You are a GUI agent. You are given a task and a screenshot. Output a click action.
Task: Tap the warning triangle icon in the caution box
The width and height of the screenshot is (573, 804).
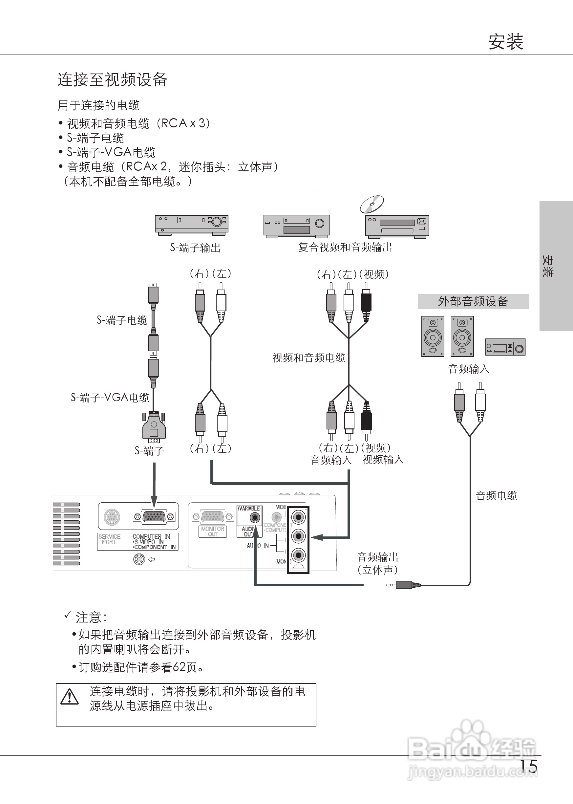[x=70, y=697]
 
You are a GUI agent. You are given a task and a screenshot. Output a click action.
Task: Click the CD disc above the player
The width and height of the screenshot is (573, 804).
[x=372, y=204]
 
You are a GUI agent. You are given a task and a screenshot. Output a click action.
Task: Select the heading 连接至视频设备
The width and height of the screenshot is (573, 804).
[x=112, y=80]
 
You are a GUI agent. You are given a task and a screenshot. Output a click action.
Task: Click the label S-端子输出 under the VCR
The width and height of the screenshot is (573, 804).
[x=195, y=248]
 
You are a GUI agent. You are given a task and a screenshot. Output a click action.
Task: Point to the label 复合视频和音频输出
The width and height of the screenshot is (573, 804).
[x=345, y=248]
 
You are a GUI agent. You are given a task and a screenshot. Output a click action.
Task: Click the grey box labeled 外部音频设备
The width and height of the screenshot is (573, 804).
[x=473, y=301]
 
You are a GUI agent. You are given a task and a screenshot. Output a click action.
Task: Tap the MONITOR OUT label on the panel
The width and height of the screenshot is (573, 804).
[x=212, y=531]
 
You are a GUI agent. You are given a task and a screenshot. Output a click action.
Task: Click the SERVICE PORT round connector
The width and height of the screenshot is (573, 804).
[x=112, y=517]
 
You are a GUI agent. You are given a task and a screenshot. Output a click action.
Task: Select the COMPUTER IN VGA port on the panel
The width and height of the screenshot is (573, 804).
[x=154, y=517]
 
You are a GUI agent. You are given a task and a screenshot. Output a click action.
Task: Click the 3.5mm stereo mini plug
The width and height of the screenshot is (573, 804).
[x=403, y=585]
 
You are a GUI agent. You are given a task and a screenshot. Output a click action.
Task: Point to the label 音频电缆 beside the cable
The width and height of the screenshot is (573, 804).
[x=496, y=495]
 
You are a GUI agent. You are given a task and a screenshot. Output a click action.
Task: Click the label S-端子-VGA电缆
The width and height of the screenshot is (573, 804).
[x=110, y=398]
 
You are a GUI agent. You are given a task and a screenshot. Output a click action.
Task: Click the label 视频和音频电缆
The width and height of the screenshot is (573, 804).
[x=309, y=358]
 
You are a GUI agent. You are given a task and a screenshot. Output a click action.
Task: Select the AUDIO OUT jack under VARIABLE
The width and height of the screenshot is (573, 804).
[x=254, y=518]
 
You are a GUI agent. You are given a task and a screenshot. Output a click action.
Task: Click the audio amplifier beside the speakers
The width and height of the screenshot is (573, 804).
[x=505, y=347]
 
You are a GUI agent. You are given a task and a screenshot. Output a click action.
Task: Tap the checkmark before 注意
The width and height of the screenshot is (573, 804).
[x=68, y=615]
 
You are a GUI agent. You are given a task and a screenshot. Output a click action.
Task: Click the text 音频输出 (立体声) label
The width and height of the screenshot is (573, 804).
[x=377, y=563]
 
